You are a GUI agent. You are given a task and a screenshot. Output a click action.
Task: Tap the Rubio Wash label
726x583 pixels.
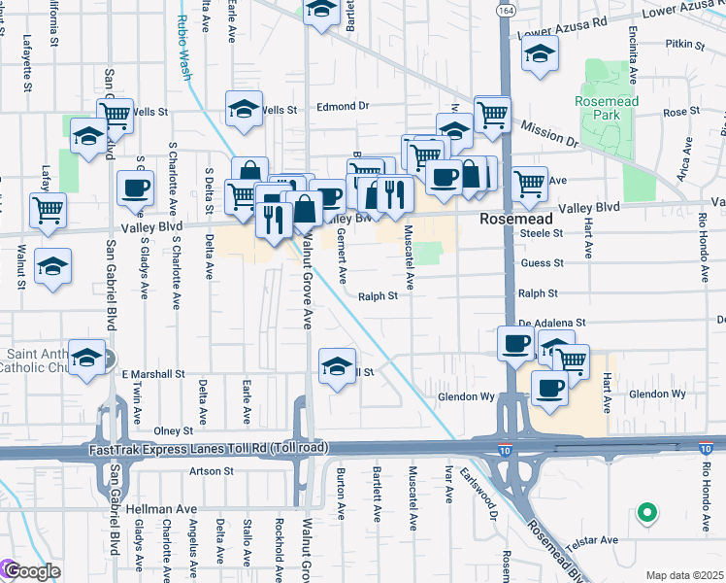184,40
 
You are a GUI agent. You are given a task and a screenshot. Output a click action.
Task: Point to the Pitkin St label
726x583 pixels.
683,45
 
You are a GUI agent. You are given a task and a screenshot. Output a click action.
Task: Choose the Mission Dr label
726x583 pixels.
548,128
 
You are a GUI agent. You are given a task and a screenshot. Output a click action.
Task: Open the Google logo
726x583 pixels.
31,570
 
